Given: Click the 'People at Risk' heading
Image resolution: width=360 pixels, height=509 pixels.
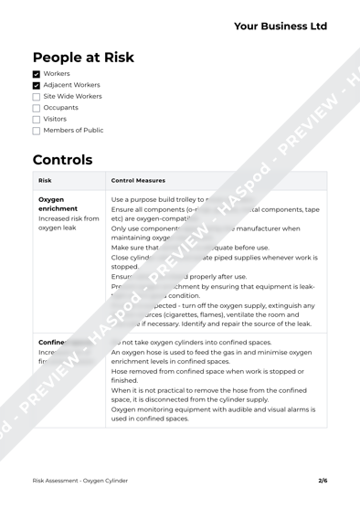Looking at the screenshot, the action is (83, 58).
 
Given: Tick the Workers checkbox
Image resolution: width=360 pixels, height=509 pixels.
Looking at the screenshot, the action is (37, 74).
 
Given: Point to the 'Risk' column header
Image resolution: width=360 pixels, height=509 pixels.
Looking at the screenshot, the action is (46, 181).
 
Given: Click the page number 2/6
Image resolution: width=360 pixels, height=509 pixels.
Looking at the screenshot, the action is (323, 480).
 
